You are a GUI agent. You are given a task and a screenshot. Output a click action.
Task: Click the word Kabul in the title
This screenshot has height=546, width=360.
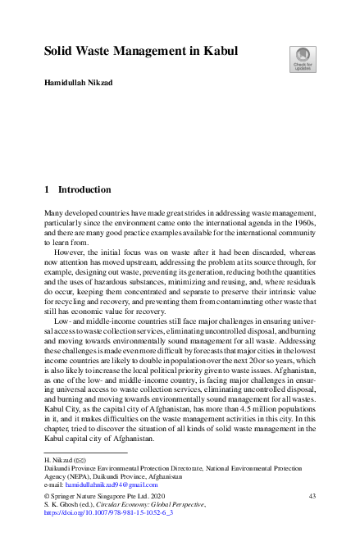[x=219, y=51]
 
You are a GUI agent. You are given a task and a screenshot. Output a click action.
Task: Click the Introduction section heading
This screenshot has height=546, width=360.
[x=84, y=189]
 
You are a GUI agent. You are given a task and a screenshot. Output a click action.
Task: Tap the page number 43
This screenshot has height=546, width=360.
[x=312, y=496]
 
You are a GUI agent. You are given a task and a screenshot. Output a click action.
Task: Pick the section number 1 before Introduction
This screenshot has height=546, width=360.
[x=47, y=189]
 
